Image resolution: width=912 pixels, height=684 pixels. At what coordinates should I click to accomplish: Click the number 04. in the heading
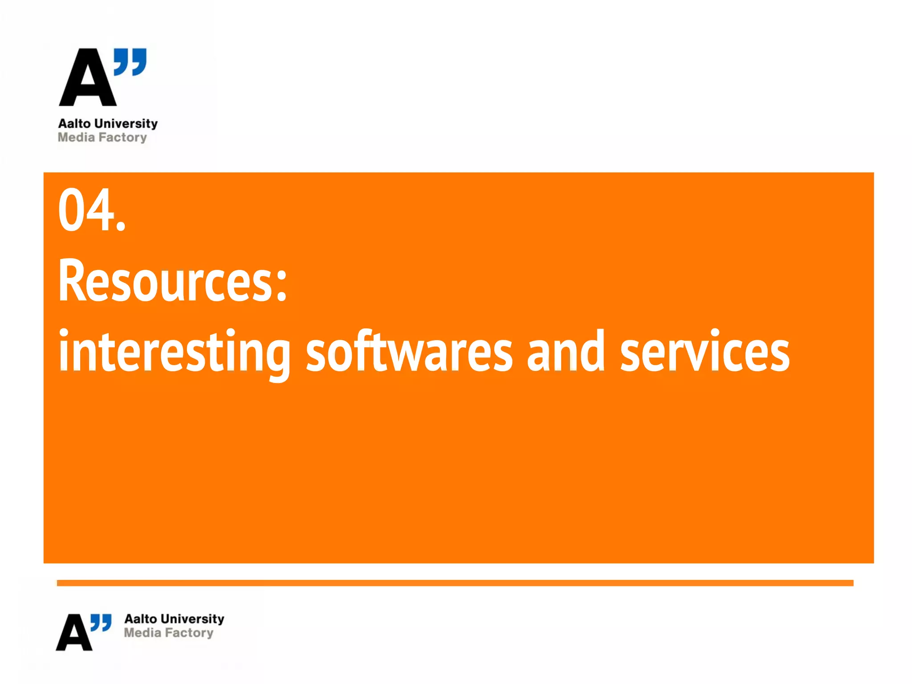pos(92,210)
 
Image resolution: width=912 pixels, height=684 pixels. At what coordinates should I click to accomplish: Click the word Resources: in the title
pos(172,281)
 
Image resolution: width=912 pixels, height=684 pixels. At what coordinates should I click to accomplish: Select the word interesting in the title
pos(174,352)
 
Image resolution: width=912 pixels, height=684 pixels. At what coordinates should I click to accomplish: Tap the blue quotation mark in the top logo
pos(130,61)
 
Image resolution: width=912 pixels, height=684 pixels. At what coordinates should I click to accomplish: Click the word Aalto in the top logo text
pos(74,123)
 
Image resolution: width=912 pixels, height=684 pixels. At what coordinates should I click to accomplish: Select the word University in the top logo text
pos(126,123)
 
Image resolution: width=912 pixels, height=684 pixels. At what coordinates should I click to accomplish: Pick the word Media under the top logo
pos(76,137)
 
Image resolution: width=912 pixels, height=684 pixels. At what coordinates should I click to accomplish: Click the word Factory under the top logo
pos(123,138)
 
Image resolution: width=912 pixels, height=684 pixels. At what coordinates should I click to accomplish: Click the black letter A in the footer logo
pos(74,633)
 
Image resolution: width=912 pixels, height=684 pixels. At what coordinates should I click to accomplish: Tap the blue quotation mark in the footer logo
pos(101,622)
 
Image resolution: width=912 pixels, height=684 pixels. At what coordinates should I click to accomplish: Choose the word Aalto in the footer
pos(141,619)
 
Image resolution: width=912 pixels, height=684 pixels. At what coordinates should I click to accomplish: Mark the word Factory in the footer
pos(189,633)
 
